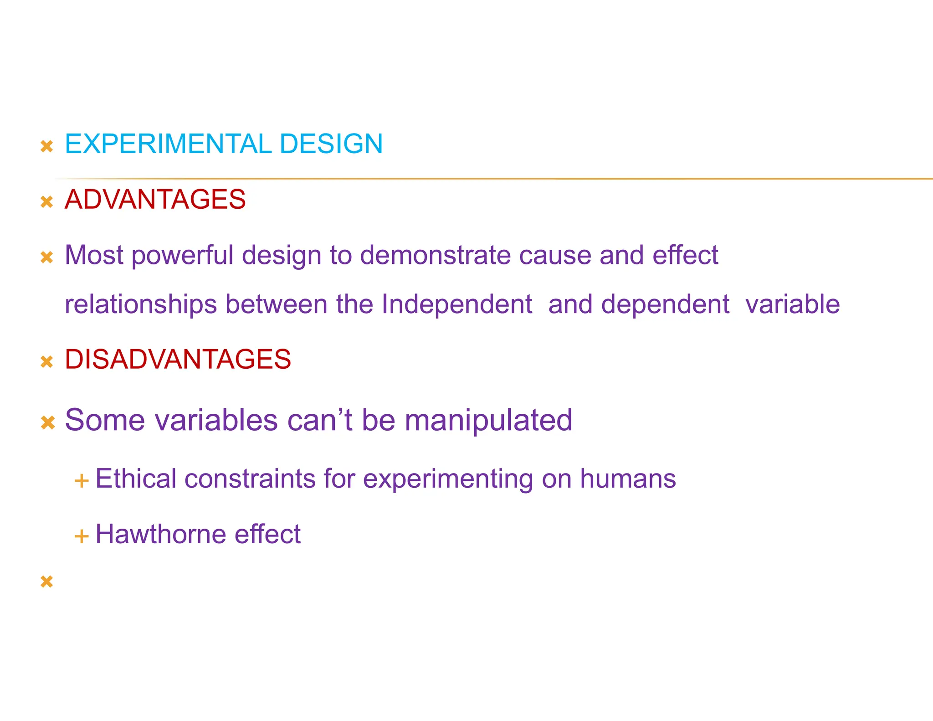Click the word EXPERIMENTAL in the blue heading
[x=168, y=144]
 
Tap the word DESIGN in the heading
[x=331, y=144]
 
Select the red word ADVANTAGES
[x=155, y=200]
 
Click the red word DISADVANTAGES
[x=178, y=359]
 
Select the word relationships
[x=141, y=305]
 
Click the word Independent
[x=456, y=304]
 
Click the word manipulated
[x=488, y=420]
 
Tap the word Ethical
[x=135, y=479]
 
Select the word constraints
[x=250, y=479]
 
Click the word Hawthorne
[x=160, y=534]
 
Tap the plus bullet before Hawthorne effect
[x=81, y=536]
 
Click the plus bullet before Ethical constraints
[x=81, y=481]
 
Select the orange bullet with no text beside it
[x=47, y=582]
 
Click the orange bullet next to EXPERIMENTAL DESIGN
[x=47, y=146]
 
